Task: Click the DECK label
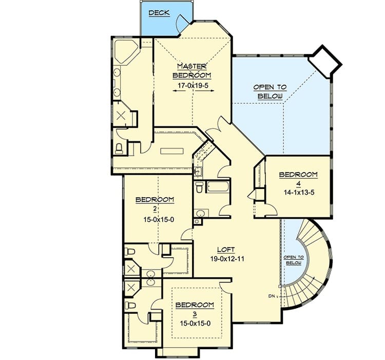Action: click(x=159, y=13)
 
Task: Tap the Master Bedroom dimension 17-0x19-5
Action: click(x=193, y=85)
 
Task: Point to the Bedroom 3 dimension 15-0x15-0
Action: click(x=195, y=324)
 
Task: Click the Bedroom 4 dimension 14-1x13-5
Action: click(x=299, y=192)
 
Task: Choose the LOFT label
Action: click(x=226, y=250)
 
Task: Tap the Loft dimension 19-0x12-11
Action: click(x=227, y=259)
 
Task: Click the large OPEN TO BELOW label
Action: click(x=270, y=91)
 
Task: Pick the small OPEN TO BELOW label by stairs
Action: click(x=294, y=260)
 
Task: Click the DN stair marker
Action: click(x=272, y=296)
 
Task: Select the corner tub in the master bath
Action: click(x=126, y=52)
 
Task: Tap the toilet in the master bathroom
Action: click(x=119, y=149)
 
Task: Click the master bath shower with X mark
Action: click(x=121, y=115)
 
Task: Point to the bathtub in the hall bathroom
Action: click(x=217, y=186)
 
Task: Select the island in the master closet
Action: click(x=172, y=151)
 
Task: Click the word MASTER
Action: click(x=192, y=66)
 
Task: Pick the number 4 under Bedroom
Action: click(x=298, y=183)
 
